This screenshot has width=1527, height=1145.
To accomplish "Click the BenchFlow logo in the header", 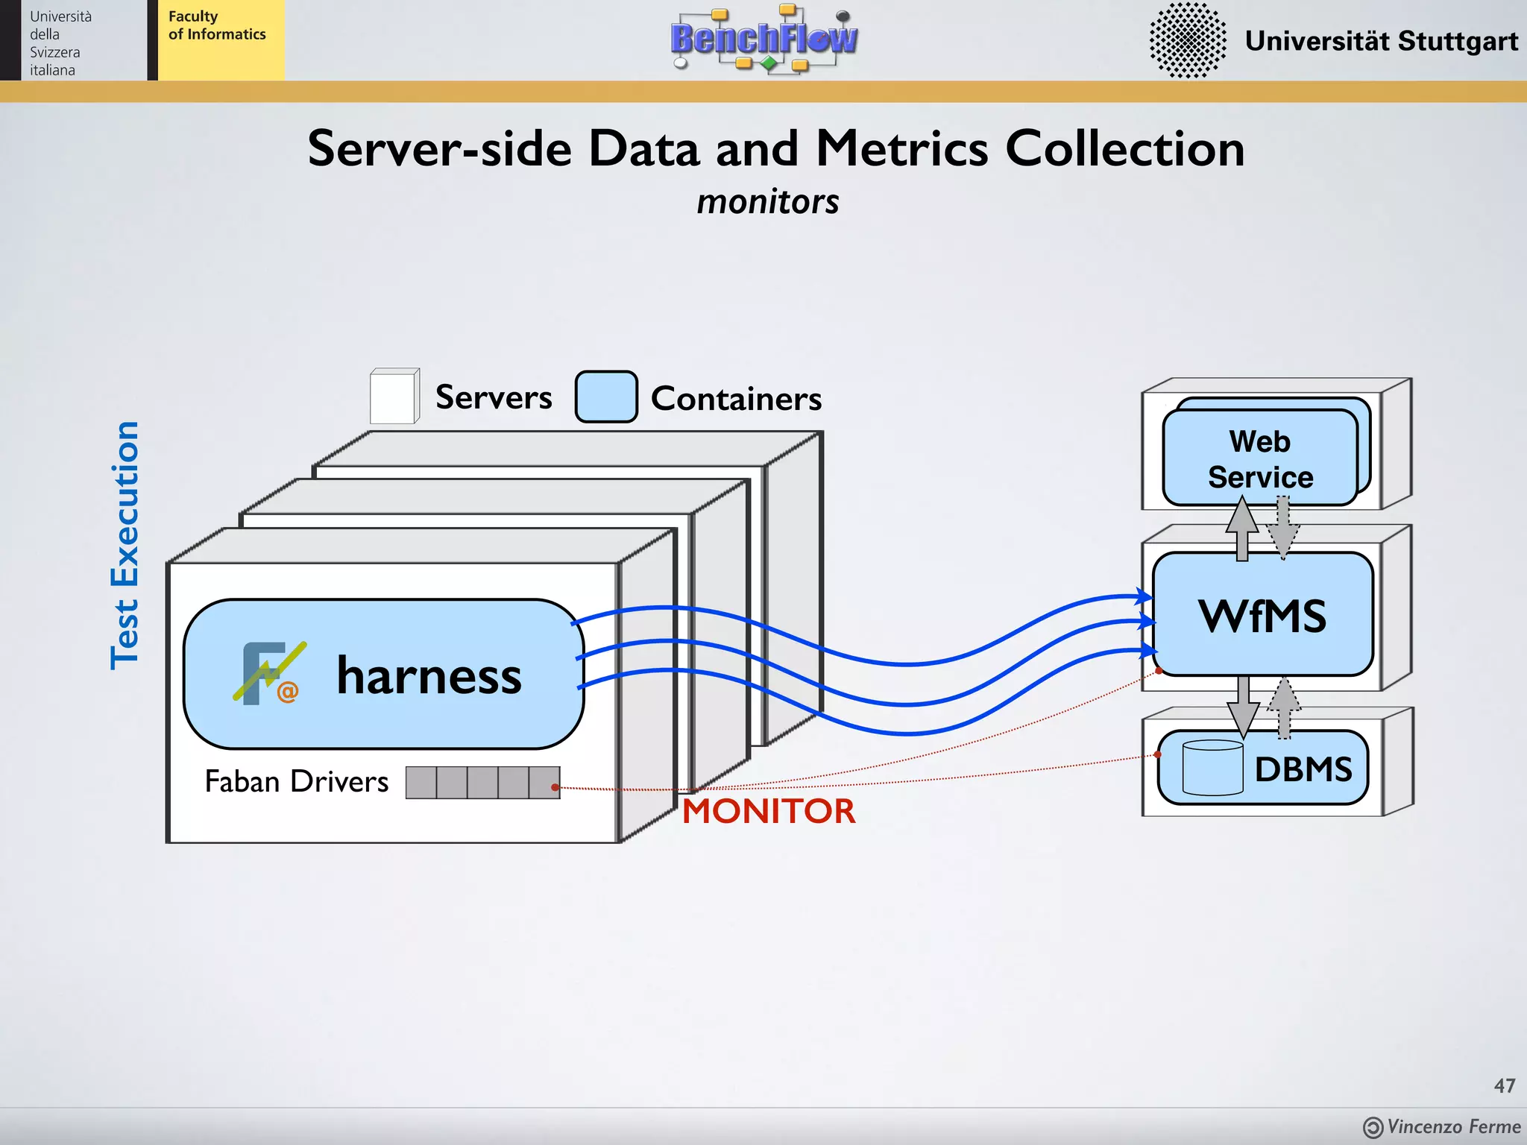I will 764,39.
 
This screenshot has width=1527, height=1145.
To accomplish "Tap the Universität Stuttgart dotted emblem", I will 1187,40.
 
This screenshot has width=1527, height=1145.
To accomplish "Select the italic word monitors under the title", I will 767,202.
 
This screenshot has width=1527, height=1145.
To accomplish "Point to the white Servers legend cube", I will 393,397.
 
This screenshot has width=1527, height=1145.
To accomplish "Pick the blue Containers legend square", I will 605,397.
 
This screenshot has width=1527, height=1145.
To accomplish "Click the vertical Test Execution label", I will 125,545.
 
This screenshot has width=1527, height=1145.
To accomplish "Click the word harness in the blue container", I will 429,675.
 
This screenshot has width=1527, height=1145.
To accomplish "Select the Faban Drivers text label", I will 297,781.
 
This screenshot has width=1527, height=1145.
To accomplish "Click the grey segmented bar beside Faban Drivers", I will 482,783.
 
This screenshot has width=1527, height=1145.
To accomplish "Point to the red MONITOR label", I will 769,811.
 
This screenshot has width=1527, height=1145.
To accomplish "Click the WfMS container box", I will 1262,615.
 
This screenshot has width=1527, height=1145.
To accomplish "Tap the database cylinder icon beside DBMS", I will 1212,768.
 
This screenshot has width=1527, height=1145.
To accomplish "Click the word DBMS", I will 1303,769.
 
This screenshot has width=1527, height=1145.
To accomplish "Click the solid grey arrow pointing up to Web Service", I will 1242,529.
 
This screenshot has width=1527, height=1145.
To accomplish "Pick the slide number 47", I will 1504,1085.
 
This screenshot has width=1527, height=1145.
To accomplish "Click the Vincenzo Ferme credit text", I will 1452,1126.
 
